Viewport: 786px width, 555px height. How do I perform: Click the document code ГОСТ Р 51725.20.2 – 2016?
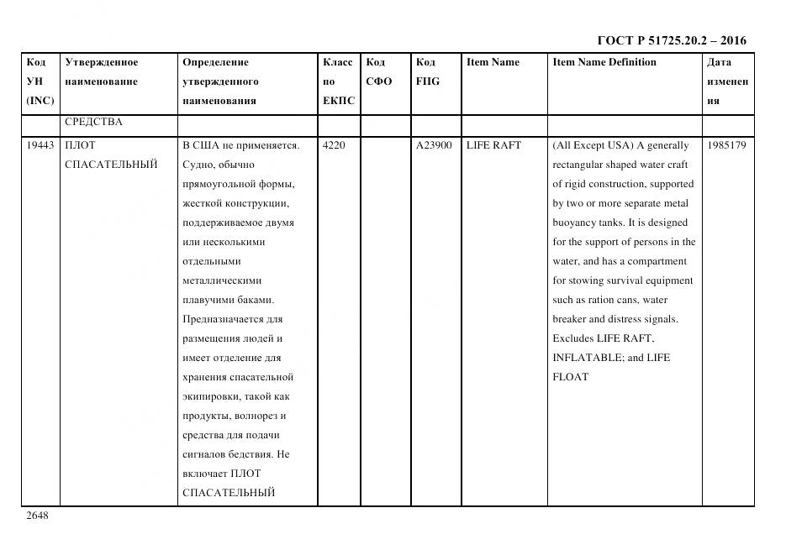pyautogui.click(x=671, y=40)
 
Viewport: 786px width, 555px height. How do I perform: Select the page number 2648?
pyautogui.click(x=37, y=516)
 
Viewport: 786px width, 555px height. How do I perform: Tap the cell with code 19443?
pyautogui.click(x=40, y=145)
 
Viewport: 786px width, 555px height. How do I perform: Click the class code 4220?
pyautogui.click(x=334, y=145)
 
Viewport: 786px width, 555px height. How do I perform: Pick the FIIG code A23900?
pyautogui.click(x=434, y=145)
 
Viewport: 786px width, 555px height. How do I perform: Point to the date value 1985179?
pyautogui.click(x=726, y=145)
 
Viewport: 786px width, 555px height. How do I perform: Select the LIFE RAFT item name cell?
pyautogui.click(x=493, y=145)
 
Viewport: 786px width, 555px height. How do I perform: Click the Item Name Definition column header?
pyautogui.click(x=604, y=62)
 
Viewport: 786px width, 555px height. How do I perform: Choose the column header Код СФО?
pyautogui.click(x=379, y=71)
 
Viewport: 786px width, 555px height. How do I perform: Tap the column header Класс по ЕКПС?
pyautogui.click(x=338, y=81)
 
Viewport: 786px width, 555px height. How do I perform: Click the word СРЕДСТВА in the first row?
pyautogui.click(x=93, y=123)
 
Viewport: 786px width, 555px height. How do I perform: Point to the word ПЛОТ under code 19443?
pyautogui.click(x=81, y=145)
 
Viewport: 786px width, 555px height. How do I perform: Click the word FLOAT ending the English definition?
pyautogui.click(x=570, y=377)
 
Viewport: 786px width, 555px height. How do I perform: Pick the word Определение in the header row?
pyautogui.click(x=215, y=62)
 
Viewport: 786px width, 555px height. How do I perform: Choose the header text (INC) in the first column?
pyautogui.click(x=40, y=101)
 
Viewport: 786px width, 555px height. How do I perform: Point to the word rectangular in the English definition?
pyautogui.click(x=581, y=165)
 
